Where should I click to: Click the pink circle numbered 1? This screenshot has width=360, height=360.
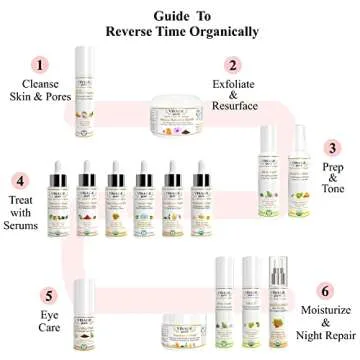click(40, 64)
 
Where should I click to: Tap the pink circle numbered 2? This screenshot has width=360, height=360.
click(232, 64)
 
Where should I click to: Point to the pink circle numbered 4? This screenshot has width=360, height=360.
click(17, 182)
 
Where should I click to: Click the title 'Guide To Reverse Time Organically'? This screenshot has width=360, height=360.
click(180, 24)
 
